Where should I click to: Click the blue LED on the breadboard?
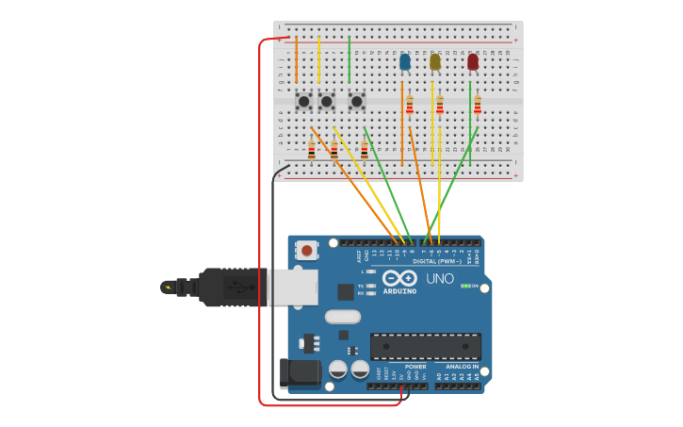(x=405, y=62)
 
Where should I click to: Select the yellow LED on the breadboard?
(x=434, y=62)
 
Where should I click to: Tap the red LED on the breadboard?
(x=473, y=62)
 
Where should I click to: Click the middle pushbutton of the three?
(x=326, y=101)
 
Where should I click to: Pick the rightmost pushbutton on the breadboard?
(x=356, y=101)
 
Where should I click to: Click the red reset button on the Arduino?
(x=306, y=250)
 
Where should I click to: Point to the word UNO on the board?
(x=440, y=279)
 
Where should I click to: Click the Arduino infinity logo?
(x=400, y=279)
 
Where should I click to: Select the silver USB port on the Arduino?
(x=293, y=287)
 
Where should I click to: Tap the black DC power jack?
(x=301, y=372)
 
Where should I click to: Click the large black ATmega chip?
(x=425, y=346)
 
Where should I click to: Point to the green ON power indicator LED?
(x=465, y=286)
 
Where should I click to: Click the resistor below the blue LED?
(x=410, y=105)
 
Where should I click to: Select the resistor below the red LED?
(x=478, y=105)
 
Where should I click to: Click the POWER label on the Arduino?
(x=415, y=367)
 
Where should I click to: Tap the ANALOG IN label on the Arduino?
(x=462, y=367)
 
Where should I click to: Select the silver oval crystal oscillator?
(x=343, y=317)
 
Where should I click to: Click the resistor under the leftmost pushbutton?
(x=312, y=149)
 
